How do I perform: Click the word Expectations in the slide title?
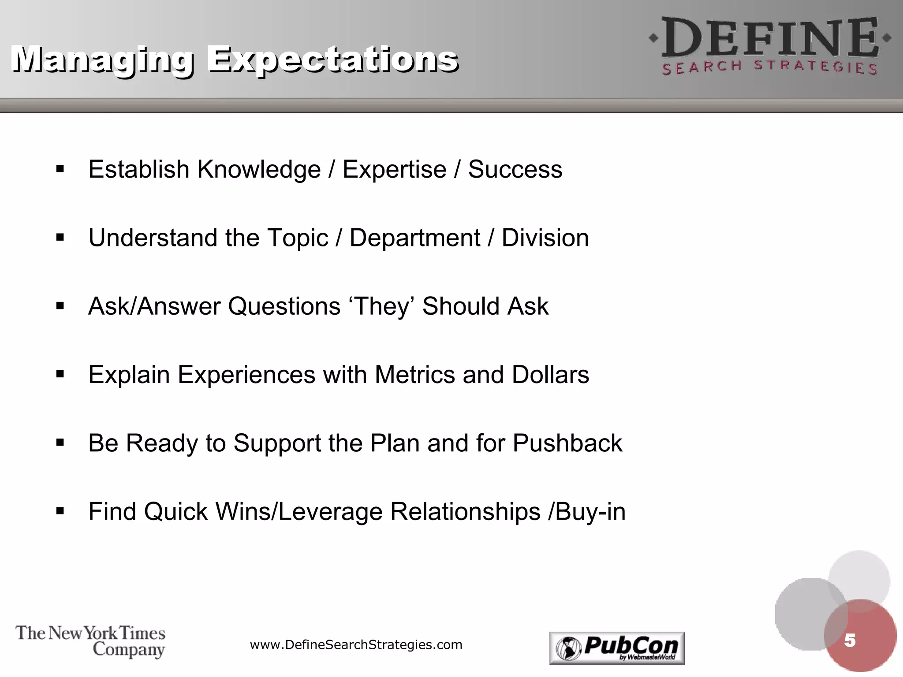(333, 60)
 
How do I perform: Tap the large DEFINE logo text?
(770, 39)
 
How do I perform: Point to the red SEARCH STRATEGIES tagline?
(770, 67)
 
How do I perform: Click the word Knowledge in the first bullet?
(259, 169)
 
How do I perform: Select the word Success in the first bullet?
(515, 169)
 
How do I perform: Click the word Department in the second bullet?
(414, 238)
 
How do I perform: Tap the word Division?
(545, 238)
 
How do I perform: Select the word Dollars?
(550, 375)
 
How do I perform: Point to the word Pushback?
(567, 443)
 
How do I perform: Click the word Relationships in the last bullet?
(465, 511)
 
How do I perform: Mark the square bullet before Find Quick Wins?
(60, 511)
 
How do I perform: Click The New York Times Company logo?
(90, 641)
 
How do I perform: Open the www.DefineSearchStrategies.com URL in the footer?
(356, 645)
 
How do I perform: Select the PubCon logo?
(617, 648)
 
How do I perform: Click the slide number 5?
(850, 640)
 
